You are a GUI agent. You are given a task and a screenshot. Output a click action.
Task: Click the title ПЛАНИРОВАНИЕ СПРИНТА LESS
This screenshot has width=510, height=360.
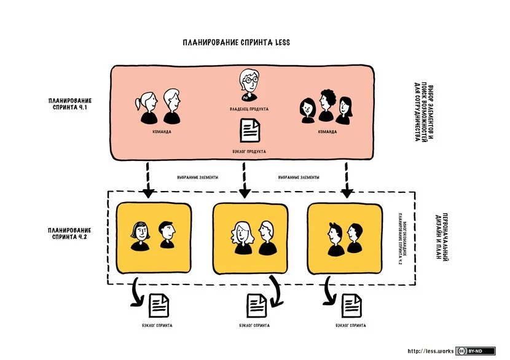coord(236,42)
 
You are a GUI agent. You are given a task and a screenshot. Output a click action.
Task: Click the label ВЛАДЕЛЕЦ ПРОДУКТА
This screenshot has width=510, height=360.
coord(249,109)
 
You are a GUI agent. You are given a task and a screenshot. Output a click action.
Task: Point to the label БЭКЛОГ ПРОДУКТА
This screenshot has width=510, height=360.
coord(249,151)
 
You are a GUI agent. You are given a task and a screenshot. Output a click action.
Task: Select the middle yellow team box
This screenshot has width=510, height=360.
coord(249,238)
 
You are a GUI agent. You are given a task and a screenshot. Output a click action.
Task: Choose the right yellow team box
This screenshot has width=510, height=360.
coord(344,238)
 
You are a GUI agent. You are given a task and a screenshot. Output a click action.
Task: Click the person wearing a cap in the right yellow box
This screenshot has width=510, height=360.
coord(335,238)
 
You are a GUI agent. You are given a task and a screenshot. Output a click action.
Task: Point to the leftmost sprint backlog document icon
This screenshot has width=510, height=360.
coord(159,304)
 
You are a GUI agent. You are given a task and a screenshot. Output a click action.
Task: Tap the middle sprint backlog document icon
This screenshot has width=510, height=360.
coord(256,304)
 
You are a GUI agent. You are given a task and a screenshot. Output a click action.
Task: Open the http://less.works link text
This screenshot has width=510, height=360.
coord(431,351)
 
